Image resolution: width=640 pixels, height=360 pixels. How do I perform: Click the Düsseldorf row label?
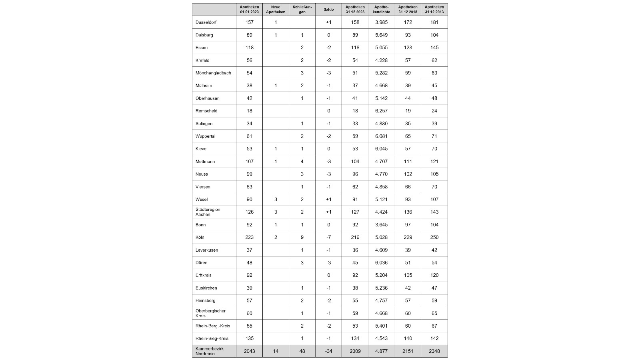(x=206, y=22)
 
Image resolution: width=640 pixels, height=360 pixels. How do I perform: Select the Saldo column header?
(x=328, y=10)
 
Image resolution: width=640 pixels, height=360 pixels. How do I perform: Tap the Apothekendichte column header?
(x=381, y=10)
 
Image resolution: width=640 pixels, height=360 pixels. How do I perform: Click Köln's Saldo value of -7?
(x=328, y=237)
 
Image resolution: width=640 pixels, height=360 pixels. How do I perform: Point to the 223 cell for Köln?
(x=249, y=237)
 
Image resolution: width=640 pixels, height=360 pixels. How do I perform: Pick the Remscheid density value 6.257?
(x=381, y=111)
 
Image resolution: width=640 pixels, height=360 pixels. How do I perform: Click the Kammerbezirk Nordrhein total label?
(x=210, y=351)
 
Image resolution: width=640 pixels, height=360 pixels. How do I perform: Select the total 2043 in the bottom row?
(x=249, y=351)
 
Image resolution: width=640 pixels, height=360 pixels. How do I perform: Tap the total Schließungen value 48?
(x=302, y=351)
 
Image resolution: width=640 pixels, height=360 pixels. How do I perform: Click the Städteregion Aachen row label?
(x=208, y=212)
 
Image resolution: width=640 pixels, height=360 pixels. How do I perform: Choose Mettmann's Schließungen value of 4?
(x=302, y=162)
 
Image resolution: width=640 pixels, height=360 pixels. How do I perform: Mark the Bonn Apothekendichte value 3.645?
(x=381, y=225)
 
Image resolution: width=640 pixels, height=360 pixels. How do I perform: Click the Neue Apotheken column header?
(x=276, y=10)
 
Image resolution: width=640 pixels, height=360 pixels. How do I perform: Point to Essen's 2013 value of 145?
(x=434, y=48)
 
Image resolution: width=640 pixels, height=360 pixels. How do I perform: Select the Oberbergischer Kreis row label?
(x=210, y=313)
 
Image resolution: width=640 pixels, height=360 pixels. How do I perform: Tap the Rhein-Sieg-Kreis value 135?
(x=249, y=338)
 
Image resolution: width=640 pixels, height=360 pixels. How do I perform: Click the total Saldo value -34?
(x=328, y=351)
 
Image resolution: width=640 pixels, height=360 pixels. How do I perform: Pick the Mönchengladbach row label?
(x=213, y=73)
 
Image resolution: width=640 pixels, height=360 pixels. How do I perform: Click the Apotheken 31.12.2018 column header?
(x=408, y=10)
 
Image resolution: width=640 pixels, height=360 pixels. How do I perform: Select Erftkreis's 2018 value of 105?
(x=408, y=275)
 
